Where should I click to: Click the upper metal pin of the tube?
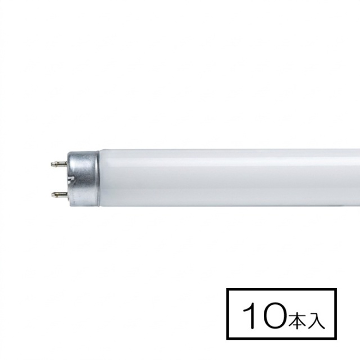point(59,164)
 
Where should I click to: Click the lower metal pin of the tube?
point(59,195)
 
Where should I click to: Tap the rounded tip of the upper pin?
point(52,164)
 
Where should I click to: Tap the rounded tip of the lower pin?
point(52,195)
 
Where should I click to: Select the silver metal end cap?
point(83,179)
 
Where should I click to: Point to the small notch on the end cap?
point(73,179)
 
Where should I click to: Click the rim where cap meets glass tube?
point(99,178)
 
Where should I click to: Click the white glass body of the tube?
point(229,178)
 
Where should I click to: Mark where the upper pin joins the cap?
point(67,164)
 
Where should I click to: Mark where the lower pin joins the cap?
point(67,195)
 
